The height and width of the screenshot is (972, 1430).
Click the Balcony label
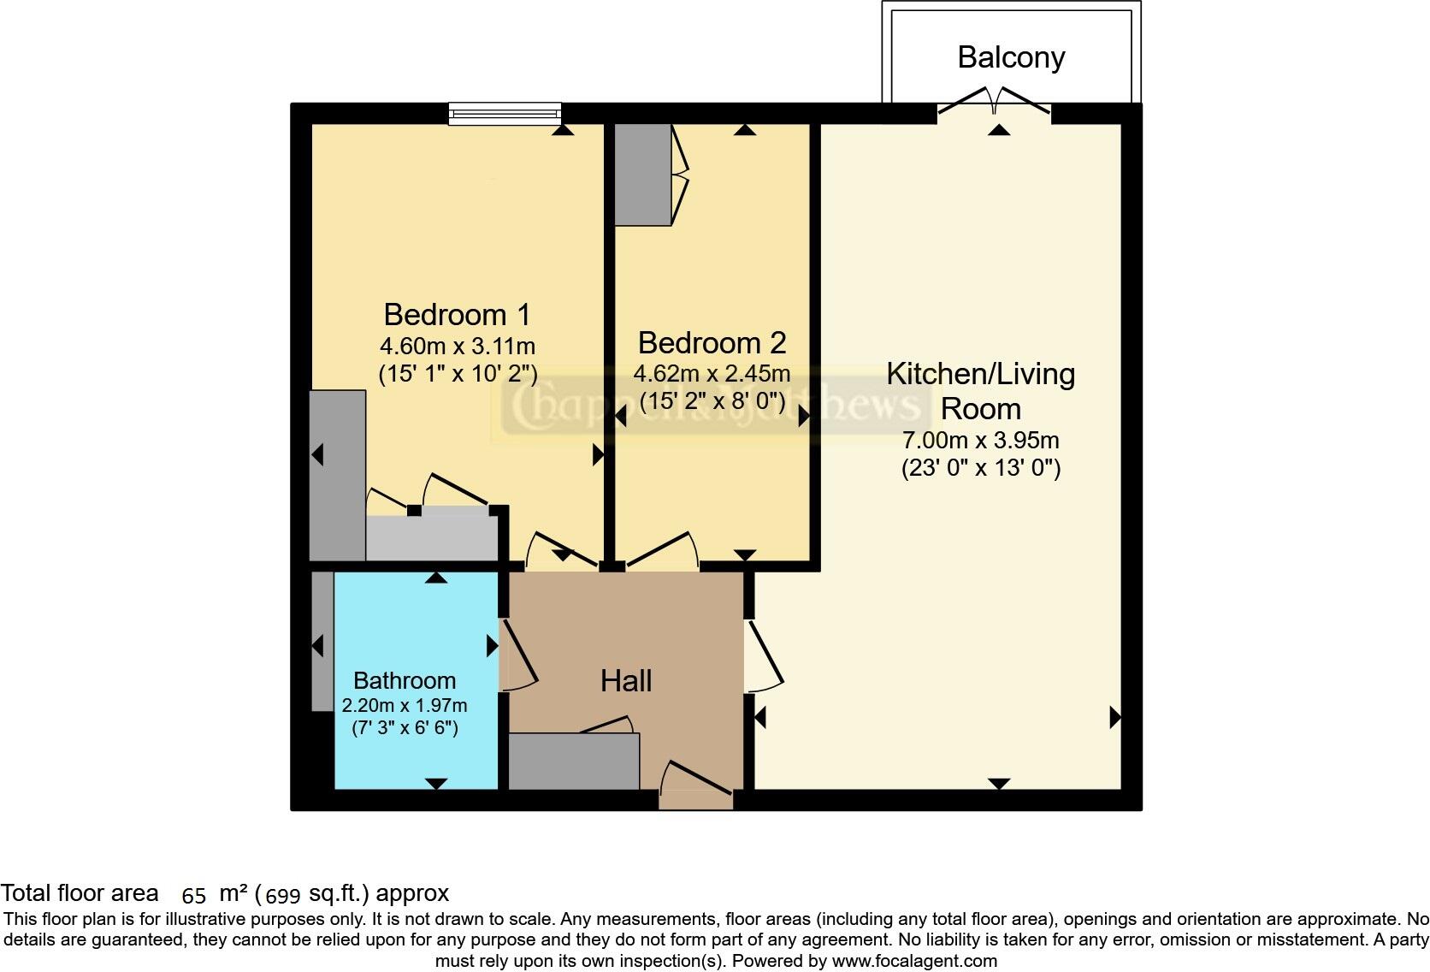[x=1011, y=57]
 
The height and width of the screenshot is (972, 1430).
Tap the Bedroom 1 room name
[x=457, y=315]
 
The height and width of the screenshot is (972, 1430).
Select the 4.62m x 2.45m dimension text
[x=712, y=374]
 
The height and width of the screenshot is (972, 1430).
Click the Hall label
[x=626, y=681]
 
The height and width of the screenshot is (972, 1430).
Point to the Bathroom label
[x=405, y=681]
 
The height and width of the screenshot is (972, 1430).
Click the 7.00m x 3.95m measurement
[x=981, y=441]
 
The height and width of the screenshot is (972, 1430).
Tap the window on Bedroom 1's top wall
[x=505, y=113]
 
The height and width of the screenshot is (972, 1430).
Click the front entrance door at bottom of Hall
[x=696, y=785]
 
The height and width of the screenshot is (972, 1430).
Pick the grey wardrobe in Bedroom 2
[x=643, y=175]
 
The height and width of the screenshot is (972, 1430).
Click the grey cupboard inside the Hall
[x=574, y=762]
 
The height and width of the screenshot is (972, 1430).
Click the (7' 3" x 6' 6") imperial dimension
[x=405, y=728]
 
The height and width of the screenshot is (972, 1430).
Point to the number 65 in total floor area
[x=194, y=896]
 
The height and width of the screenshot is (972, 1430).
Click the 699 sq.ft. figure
[x=283, y=896]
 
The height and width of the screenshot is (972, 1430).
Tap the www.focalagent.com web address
[x=914, y=961]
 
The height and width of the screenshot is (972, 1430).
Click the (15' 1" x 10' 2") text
[x=457, y=373]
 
